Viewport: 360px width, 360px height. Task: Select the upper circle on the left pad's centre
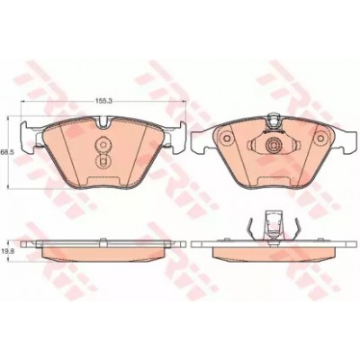click(x=103, y=145)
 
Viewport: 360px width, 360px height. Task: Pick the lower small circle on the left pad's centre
click(x=103, y=162)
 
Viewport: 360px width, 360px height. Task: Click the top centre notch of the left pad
click(x=103, y=122)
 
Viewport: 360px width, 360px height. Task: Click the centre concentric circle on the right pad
click(x=274, y=146)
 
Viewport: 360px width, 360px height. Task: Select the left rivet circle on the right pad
click(x=227, y=139)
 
